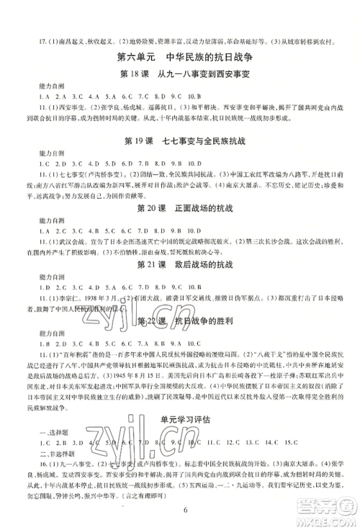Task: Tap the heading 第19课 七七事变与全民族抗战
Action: (x=179, y=148)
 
